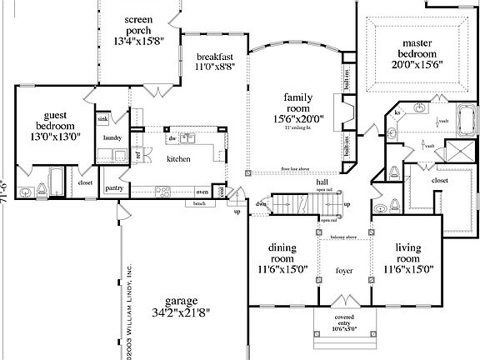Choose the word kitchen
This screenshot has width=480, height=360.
coord(178,159)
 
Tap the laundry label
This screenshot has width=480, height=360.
coord(112,137)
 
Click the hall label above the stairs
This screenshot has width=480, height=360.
coord(321,182)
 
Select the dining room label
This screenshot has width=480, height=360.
coord(282,247)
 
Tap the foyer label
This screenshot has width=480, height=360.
coord(344,269)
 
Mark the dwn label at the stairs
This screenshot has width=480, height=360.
coord(261,203)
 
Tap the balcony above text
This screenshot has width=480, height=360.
coord(343,238)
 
